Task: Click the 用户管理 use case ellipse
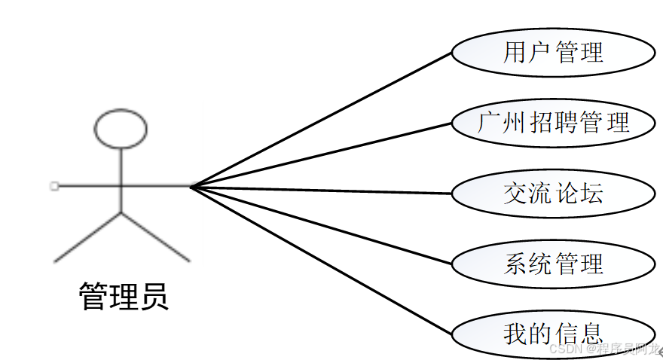click(x=553, y=52)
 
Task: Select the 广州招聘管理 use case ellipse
click(x=553, y=121)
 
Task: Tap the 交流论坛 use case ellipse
click(x=553, y=193)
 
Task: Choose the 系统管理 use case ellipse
click(x=553, y=264)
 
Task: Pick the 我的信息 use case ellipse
click(x=553, y=332)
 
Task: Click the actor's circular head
click(x=121, y=128)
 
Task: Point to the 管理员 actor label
click(x=124, y=296)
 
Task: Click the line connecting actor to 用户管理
click(x=320, y=120)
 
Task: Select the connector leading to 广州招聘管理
click(x=320, y=154)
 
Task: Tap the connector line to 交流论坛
click(x=320, y=190)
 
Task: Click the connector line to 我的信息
click(x=320, y=259)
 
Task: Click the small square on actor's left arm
click(x=54, y=185)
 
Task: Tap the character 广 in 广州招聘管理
click(x=490, y=122)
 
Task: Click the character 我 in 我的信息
click(x=515, y=333)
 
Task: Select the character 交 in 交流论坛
click(x=515, y=194)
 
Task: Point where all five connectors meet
click(x=191, y=187)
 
